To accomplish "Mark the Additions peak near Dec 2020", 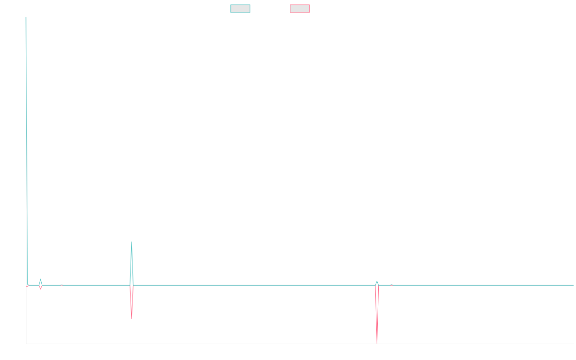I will pyautogui.click(x=132, y=242).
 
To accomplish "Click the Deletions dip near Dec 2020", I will pyautogui.click(x=132, y=318).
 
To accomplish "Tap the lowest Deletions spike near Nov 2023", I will pyautogui.click(x=377, y=343).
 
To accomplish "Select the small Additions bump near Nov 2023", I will pyautogui.click(x=377, y=281).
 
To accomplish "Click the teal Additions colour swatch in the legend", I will pyautogui.click(x=240, y=9).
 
